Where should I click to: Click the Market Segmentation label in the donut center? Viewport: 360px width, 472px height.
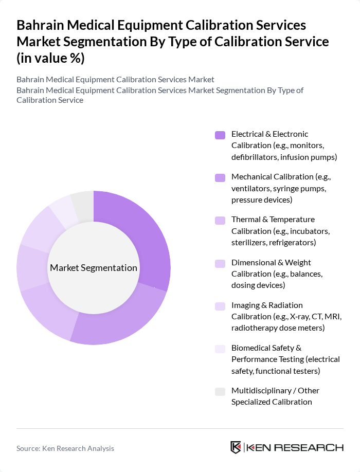point(94,268)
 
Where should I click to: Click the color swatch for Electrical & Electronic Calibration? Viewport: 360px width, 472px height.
point(220,135)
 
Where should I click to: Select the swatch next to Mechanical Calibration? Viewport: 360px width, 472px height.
point(220,178)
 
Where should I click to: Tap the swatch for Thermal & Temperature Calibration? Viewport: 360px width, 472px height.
point(220,221)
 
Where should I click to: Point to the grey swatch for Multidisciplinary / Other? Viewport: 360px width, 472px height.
point(220,392)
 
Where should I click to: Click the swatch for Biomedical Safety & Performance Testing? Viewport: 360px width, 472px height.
point(220,349)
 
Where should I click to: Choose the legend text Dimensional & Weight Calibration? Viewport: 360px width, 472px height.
point(277,268)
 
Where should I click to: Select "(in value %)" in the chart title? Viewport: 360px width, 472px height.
point(50,59)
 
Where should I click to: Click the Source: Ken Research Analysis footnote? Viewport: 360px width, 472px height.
point(65,448)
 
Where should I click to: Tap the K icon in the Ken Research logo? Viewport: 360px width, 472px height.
point(236,447)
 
